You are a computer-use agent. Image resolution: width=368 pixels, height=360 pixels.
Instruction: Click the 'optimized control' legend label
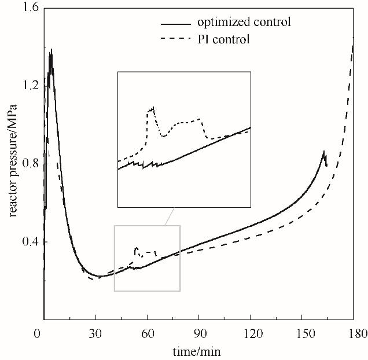243,24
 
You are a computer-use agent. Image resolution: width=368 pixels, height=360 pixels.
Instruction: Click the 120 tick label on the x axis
249,334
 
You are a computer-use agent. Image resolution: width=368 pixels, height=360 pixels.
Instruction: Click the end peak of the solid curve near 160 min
324,152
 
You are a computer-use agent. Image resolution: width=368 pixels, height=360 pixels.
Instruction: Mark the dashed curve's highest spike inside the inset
153,107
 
